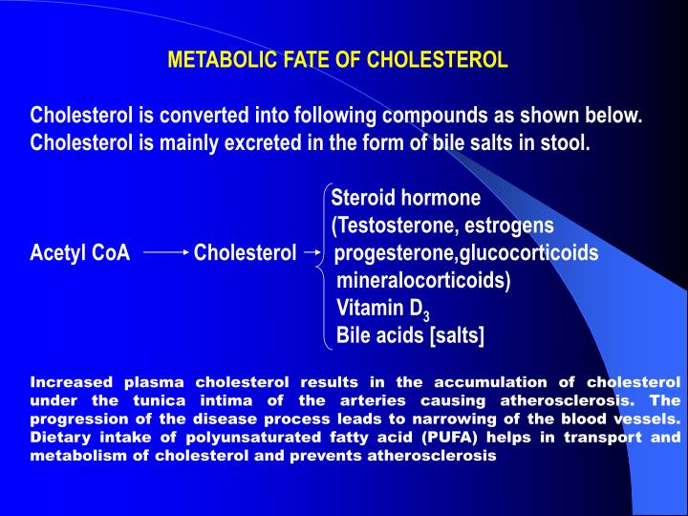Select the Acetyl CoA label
[x=80, y=253]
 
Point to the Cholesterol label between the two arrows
[x=245, y=253]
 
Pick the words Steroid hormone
[x=405, y=199]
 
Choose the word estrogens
[x=511, y=226]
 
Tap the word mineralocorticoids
[x=423, y=281]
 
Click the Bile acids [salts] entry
[x=411, y=335]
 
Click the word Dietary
[x=62, y=438]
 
